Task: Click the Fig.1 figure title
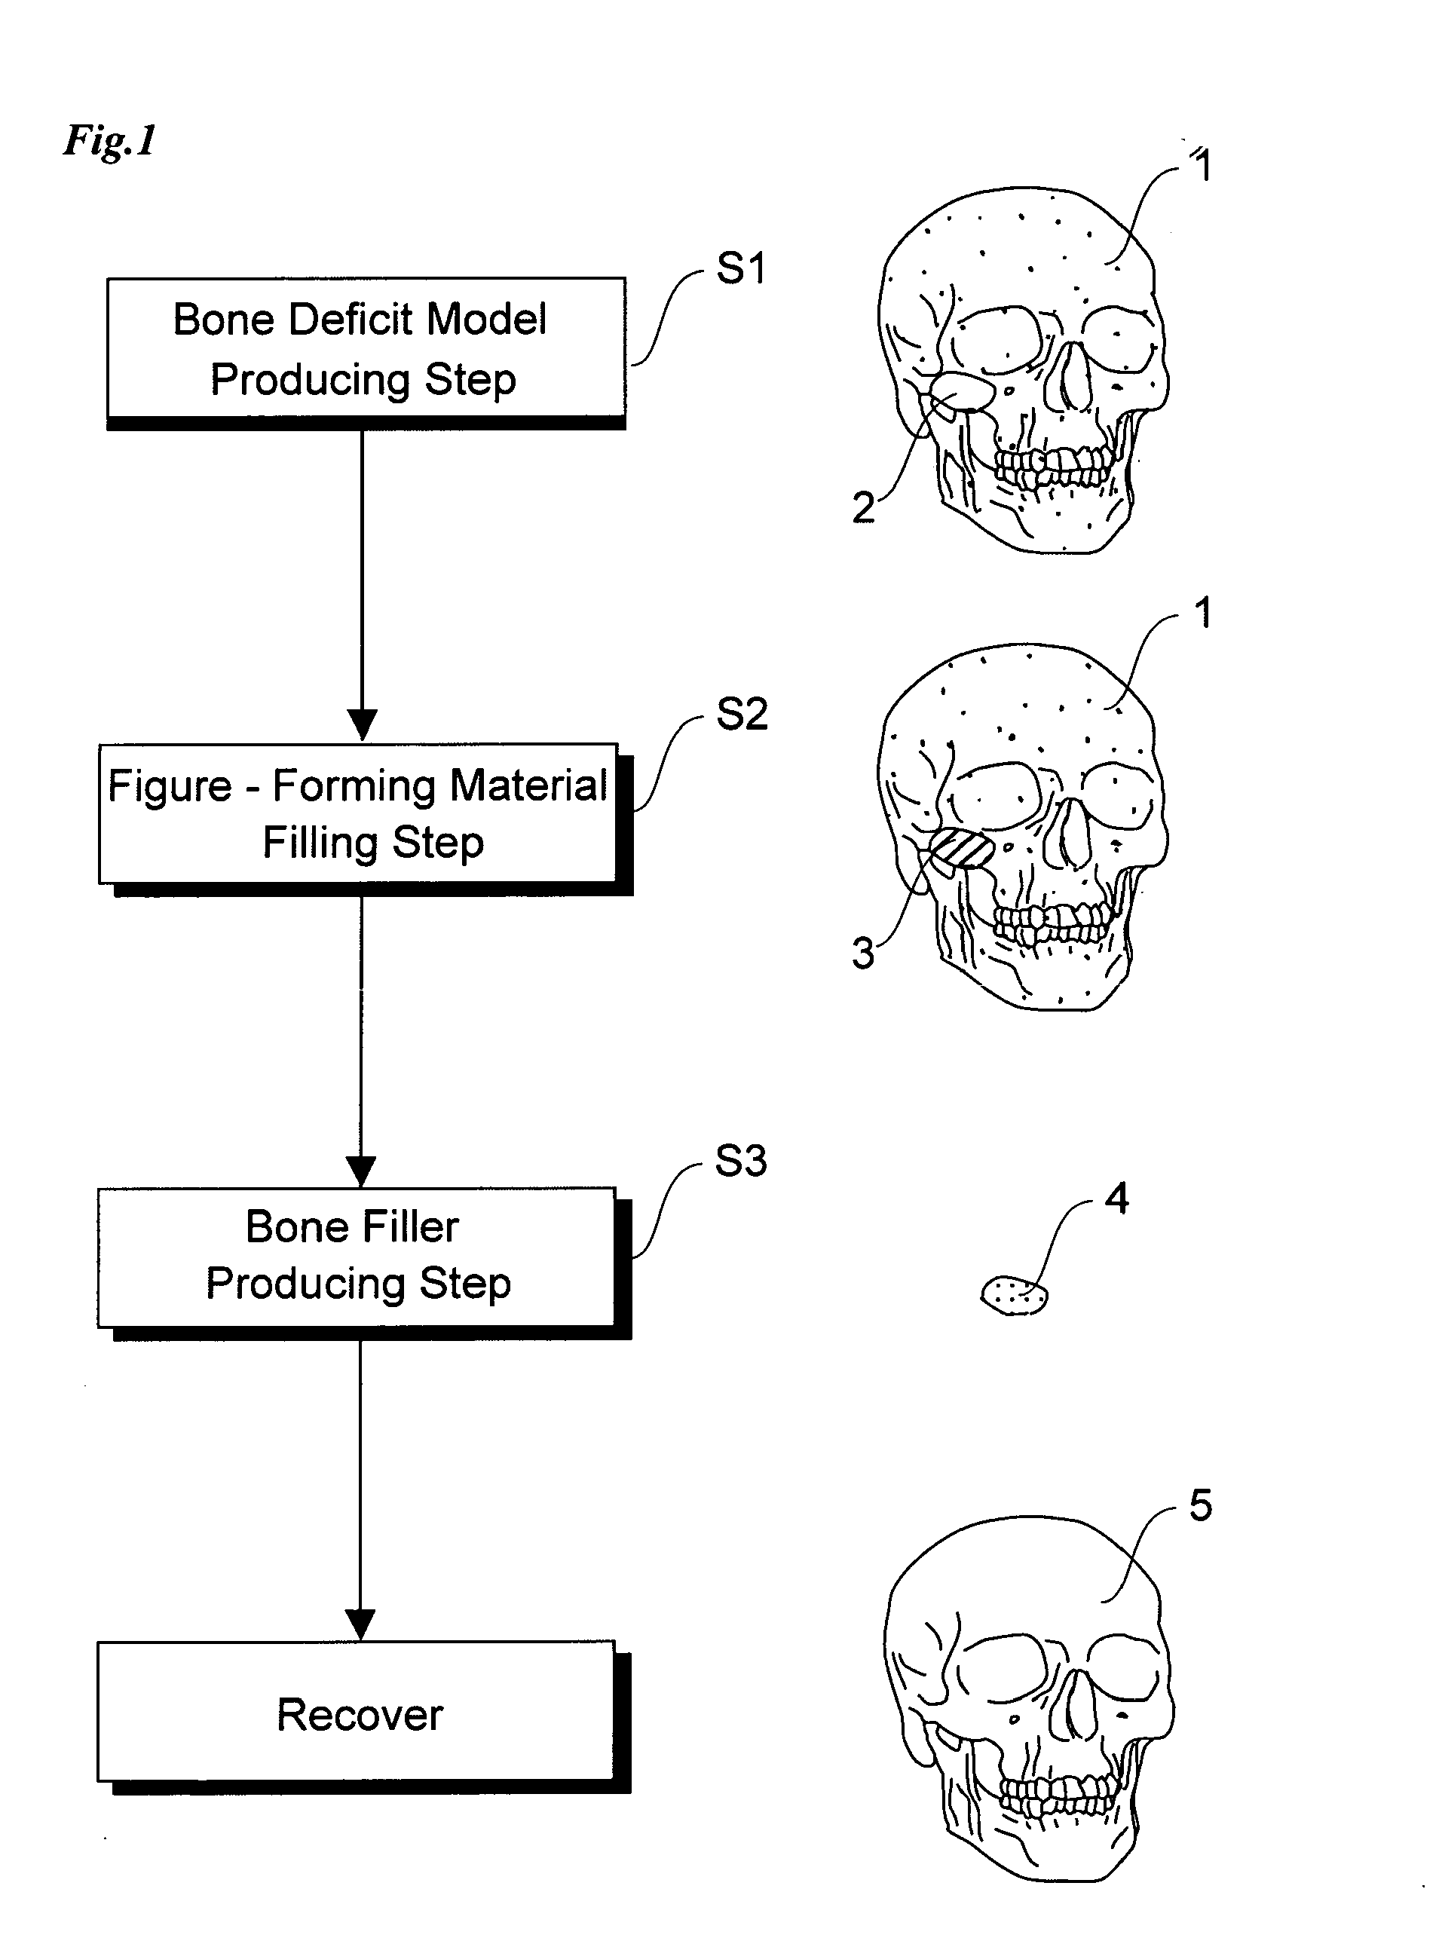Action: (110, 139)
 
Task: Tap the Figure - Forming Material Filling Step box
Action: (366, 819)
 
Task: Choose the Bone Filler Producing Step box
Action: (364, 1263)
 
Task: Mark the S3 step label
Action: (741, 1161)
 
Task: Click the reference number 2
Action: (863, 508)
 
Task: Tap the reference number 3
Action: (863, 953)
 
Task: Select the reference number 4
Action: (1117, 1199)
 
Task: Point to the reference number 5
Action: (1201, 1505)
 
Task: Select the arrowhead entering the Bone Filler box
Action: (361, 1172)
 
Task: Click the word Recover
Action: (360, 1715)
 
